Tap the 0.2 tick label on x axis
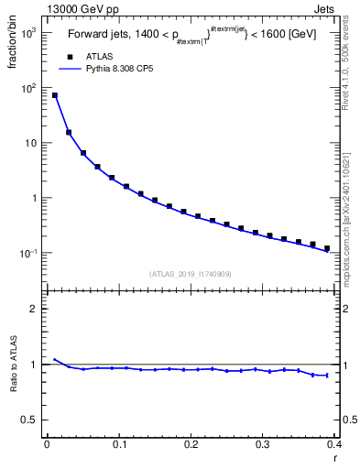click(191, 444)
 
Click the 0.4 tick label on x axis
click(334, 444)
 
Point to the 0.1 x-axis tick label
click(118, 444)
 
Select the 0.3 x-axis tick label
click(263, 444)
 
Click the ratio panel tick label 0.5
click(30, 420)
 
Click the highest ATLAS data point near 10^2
click(54, 95)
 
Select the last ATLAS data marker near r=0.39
click(327, 248)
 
